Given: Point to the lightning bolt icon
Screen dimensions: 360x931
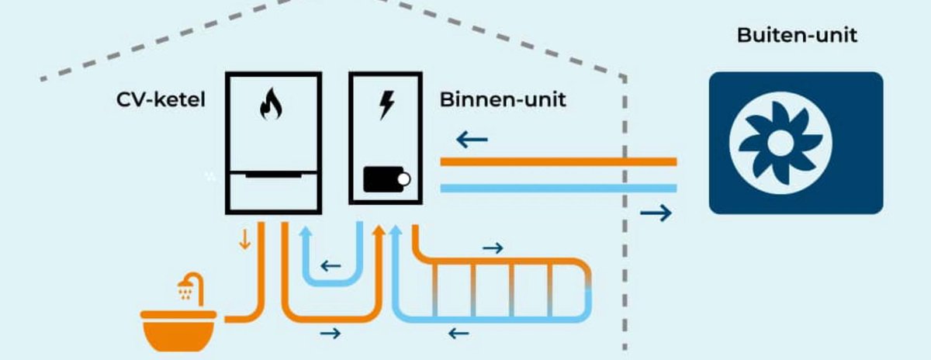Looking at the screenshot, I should coord(386,104).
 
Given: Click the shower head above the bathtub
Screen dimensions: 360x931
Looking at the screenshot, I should coord(186,291).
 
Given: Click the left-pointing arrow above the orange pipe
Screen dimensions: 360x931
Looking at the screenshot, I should coord(472,140).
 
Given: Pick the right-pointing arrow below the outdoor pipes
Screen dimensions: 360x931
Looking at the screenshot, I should coord(656,212).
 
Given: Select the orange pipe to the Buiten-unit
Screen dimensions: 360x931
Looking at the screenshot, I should coord(559,162).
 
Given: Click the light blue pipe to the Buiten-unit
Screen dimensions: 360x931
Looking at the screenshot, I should coord(559,188).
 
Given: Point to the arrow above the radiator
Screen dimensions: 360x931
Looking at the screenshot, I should coord(493,247).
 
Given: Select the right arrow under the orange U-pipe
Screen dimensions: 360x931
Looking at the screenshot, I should coord(331,334).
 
